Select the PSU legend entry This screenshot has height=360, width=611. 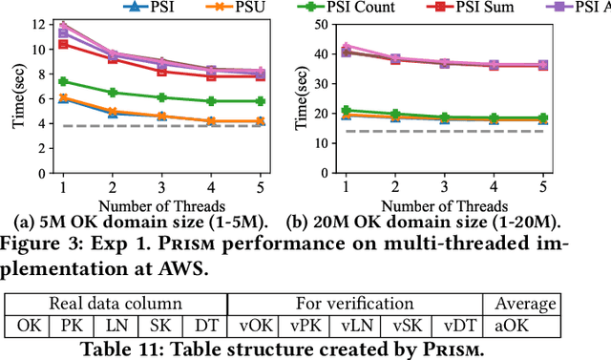(x=249, y=9)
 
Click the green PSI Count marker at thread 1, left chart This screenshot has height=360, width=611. (x=63, y=81)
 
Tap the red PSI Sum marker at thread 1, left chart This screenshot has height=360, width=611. (x=63, y=44)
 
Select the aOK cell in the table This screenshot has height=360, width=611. (x=521, y=326)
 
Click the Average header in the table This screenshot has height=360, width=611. (x=521, y=305)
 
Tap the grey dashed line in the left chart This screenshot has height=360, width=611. (x=161, y=126)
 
